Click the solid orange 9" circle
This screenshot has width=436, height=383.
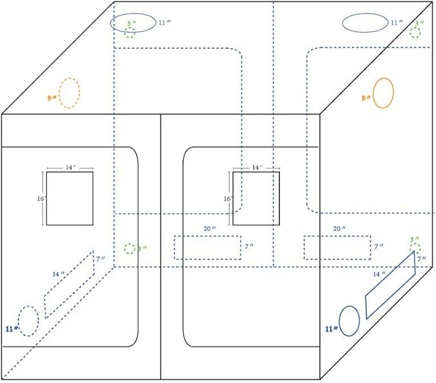tap(383, 93)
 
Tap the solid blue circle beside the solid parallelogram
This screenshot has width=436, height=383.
tap(349, 321)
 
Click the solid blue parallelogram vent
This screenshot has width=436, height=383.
tap(391, 285)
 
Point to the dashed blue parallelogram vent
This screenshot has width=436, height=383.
tap(69, 285)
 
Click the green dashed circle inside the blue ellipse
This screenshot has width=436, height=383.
tap(130, 31)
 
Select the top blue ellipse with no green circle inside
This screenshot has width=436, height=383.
tap(363, 23)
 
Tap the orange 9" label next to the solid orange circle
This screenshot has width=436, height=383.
tap(366, 98)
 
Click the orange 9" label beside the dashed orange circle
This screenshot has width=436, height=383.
tap(52, 98)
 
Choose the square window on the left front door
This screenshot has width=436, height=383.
tap(69, 198)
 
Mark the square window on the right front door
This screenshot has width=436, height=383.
tap(256, 198)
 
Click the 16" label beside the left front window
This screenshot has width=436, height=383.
tap(40, 199)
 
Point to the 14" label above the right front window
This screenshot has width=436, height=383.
tap(257, 167)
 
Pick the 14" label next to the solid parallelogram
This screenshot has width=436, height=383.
tap(379, 274)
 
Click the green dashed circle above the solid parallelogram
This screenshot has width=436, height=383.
tap(415, 248)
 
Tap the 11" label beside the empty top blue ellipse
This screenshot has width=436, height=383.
tap(397, 22)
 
